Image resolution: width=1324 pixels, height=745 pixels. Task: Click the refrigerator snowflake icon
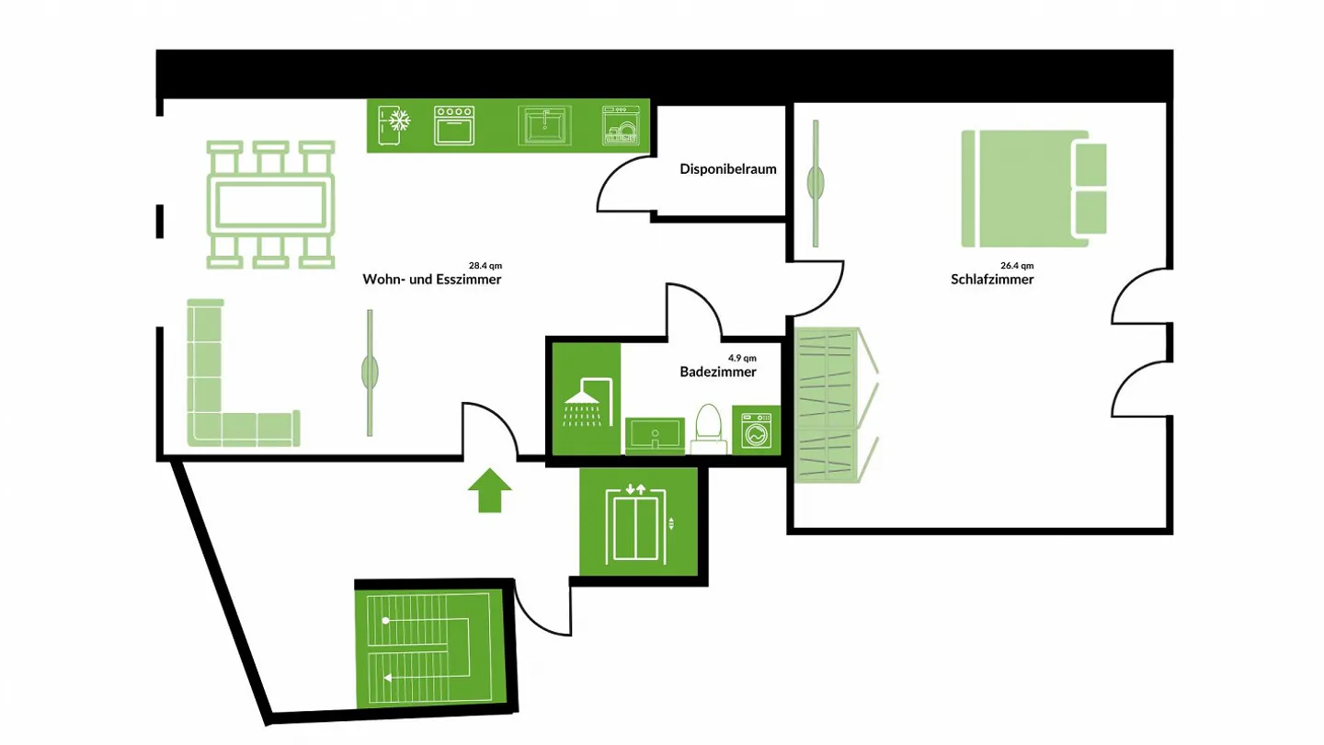point(397,124)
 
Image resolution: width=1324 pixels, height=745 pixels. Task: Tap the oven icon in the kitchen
point(454,124)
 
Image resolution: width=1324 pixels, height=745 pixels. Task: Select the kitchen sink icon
point(545,125)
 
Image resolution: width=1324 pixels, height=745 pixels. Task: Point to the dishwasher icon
point(621,125)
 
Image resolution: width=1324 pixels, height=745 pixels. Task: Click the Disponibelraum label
point(728,169)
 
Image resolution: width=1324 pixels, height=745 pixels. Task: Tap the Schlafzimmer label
point(992,280)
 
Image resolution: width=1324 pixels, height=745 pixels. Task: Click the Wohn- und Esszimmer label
point(432,280)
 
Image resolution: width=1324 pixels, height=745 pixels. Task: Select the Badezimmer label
point(718,372)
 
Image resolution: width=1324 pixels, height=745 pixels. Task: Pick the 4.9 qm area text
point(742,357)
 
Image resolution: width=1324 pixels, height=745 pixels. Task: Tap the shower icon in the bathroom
point(585,401)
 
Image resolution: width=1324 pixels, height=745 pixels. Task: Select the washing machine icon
point(757,430)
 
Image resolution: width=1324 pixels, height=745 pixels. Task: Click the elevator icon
point(635,522)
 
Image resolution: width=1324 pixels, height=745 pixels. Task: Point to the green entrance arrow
point(489,490)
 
